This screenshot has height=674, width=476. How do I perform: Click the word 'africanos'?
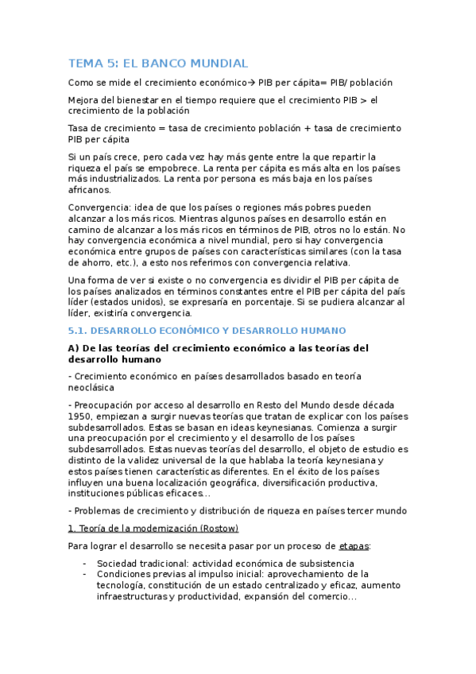pyautogui.click(x=90, y=190)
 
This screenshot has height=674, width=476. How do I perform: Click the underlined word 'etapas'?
pyautogui.click(x=353, y=546)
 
